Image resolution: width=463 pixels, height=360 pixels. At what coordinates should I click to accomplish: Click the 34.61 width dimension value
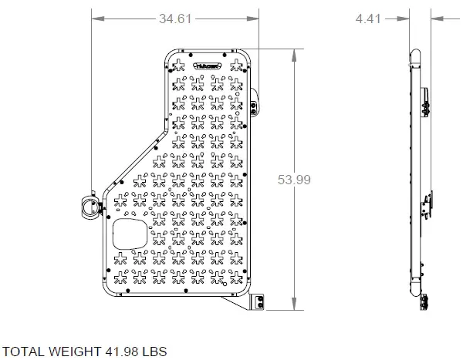[x=174, y=19]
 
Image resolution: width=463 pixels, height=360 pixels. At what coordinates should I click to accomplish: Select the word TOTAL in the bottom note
[x=29, y=351]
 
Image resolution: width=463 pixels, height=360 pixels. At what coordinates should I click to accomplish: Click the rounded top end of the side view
[x=414, y=54]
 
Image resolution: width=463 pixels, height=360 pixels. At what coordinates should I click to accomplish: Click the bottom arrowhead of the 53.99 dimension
[x=293, y=306]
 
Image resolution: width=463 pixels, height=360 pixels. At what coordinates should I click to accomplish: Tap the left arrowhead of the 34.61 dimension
[x=95, y=19]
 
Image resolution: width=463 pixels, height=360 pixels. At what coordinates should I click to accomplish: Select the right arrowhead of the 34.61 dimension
[x=252, y=19]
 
